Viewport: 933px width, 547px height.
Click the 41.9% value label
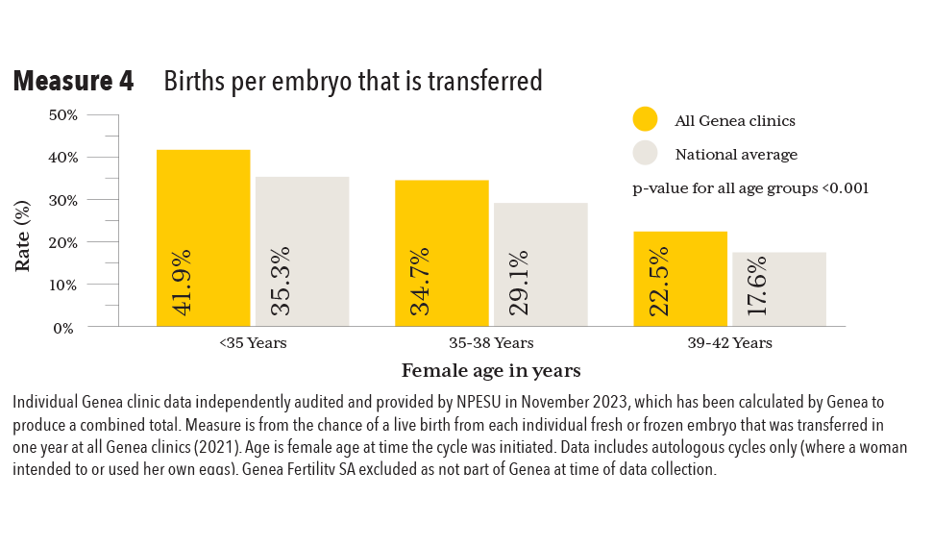(181, 282)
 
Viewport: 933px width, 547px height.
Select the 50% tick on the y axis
(63, 114)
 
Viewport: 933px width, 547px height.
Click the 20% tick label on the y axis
(63, 242)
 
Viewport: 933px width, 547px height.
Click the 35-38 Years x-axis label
(490, 343)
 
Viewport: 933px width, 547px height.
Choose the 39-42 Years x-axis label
(729, 343)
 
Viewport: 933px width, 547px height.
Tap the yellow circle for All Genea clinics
(645, 119)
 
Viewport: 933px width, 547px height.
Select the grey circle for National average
(645, 153)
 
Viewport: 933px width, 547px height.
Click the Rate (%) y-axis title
(23, 235)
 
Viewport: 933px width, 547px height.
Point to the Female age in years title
(490, 370)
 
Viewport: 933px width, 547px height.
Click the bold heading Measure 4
(73, 82)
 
